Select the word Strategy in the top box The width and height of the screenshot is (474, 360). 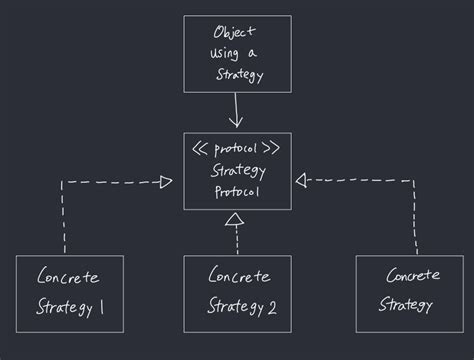(239, 75)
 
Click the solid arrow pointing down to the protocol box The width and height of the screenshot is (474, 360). (237, 109)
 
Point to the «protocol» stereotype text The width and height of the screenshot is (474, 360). (236, 149)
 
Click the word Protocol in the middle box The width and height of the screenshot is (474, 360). (237, 191)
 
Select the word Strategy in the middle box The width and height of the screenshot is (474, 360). (237, 170)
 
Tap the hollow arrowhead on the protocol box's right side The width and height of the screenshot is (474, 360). (301, 180)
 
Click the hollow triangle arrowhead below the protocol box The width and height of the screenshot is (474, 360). (237, 219)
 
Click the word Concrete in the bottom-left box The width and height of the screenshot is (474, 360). (67, 277)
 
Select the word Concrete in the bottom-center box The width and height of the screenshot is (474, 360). (237, 274)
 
